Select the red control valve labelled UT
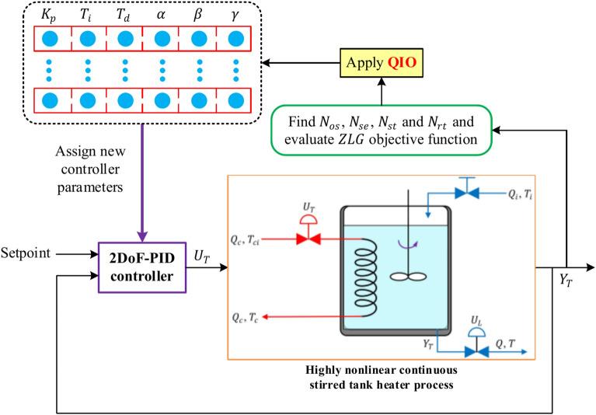(x=304, y=239)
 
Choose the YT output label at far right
(x=557, y=281)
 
